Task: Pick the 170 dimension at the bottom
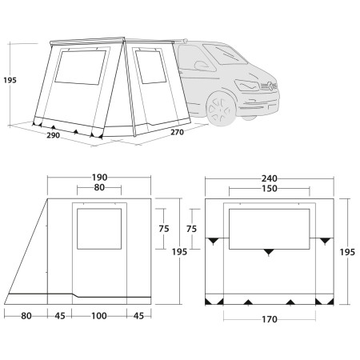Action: (x=269, y=320)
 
